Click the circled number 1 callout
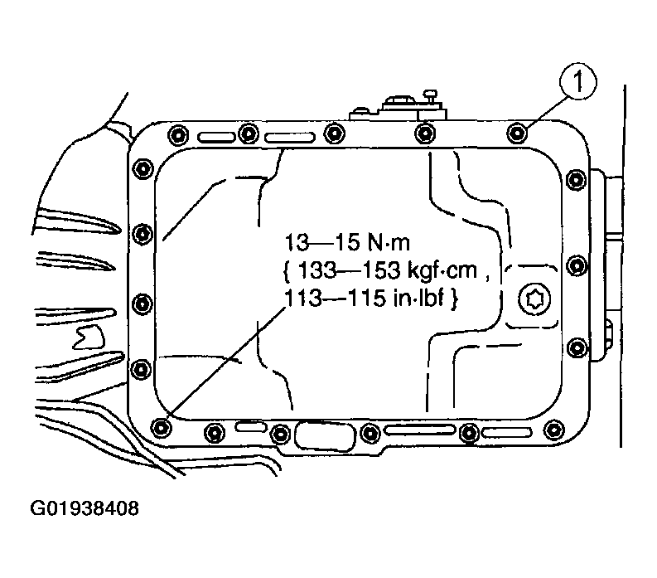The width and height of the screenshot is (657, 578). coord(577,81)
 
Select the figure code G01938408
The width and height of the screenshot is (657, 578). coord(85,508)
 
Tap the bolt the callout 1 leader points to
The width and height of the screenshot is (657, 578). coord(518,134)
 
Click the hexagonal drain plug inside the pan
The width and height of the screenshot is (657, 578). coord(534,299)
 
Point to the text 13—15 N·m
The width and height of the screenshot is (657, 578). coord(347,242)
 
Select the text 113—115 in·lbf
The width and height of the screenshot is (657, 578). coord(364,299)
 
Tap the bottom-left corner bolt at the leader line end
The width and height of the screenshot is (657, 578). coord(161,427)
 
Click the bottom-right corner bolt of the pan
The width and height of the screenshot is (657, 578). coord(554,430)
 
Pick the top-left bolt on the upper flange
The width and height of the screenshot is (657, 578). coord(178,134)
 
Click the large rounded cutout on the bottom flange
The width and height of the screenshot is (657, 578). coord(325,435)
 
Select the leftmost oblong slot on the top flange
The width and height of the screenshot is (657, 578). coord(216,137)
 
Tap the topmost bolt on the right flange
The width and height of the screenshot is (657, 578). coord(576,179)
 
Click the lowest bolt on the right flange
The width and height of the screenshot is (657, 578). coord(577,347)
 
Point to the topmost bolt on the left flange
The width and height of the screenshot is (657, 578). coord(143,168)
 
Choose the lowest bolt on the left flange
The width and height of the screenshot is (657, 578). coord(141,370)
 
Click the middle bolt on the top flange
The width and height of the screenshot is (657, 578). coord(335,134)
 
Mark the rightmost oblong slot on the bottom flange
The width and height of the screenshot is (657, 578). coord(506,432)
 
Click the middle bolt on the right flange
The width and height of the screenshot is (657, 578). coord(577,265)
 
